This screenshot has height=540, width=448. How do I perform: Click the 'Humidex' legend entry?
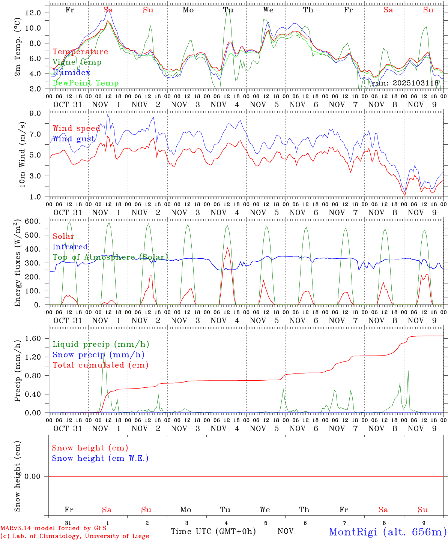71,72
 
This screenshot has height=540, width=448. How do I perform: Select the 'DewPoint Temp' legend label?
86,83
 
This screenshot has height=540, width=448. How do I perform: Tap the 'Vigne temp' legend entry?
77,62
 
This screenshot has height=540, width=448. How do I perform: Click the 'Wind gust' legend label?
74,139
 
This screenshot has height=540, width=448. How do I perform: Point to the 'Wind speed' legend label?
76,129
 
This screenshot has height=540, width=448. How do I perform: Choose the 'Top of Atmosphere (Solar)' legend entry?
110,257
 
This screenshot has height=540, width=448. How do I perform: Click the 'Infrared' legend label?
70,247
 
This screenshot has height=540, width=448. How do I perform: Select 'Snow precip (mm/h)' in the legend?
98,355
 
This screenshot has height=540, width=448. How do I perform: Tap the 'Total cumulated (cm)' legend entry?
100,365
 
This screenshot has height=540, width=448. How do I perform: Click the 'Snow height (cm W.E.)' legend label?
100,458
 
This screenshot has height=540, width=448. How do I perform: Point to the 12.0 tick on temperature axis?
33,13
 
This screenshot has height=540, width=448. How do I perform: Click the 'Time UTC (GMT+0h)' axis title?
213,531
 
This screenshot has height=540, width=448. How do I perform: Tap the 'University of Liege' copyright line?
75,536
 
